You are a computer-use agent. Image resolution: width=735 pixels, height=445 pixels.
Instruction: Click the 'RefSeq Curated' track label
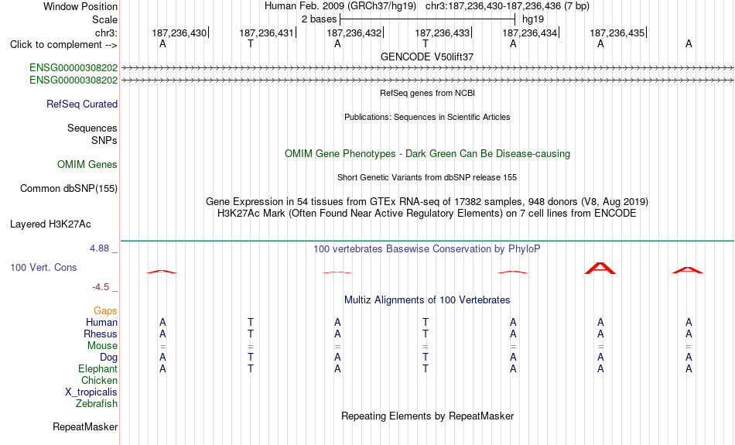[82, 104]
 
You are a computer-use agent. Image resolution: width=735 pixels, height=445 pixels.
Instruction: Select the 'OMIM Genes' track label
[87, 165]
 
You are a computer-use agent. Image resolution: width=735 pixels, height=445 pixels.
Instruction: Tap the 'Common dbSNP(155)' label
[69, 189]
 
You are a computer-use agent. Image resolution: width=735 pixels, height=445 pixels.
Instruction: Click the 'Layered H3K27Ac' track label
[50, 224]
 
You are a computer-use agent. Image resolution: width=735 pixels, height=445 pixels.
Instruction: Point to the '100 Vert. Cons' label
[43, 267]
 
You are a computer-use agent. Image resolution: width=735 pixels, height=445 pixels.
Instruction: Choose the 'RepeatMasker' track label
[85, 426]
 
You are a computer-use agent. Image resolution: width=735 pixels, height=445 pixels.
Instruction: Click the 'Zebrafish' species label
[97, 404]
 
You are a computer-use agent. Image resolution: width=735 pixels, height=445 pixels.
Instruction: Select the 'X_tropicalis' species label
[91, 392]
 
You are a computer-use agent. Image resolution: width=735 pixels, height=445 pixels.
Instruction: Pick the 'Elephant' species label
[97, 369]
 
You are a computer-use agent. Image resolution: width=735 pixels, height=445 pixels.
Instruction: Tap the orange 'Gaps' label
[105, 311]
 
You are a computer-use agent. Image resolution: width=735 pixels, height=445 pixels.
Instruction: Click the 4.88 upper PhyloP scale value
[99, 248]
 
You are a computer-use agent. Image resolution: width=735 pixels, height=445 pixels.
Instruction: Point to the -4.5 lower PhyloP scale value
[101, 287]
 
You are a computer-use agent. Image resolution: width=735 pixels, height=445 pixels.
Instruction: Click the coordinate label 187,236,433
[442, 33]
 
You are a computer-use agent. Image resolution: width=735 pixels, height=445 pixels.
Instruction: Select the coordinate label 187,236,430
[179, 33]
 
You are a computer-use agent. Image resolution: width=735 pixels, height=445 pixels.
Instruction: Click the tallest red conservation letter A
[600, 269]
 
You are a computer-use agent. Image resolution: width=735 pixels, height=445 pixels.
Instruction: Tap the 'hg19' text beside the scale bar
[533, 19]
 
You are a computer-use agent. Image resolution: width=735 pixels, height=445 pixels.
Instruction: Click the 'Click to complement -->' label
[63, 45]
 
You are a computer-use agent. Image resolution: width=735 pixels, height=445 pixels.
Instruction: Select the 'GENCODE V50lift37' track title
[427, 56]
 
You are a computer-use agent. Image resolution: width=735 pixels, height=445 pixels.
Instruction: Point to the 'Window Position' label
[80, 6]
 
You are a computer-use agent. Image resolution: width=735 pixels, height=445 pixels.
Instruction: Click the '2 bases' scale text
[320, 19]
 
